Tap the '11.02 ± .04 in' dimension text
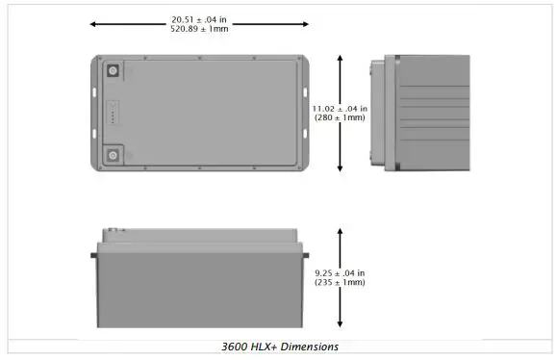(340, 108)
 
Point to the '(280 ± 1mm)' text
(340, 117)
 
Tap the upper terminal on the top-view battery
(113, 71)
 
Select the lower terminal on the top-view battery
(113, 155)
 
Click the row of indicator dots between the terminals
(113, 114)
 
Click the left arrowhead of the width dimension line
(92, 23)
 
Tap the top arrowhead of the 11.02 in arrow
(340, 58)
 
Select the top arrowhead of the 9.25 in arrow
(340, 231)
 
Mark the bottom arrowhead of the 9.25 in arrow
(340, 324)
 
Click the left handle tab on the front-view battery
(92, 254)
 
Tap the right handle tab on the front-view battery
(308, 254)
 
